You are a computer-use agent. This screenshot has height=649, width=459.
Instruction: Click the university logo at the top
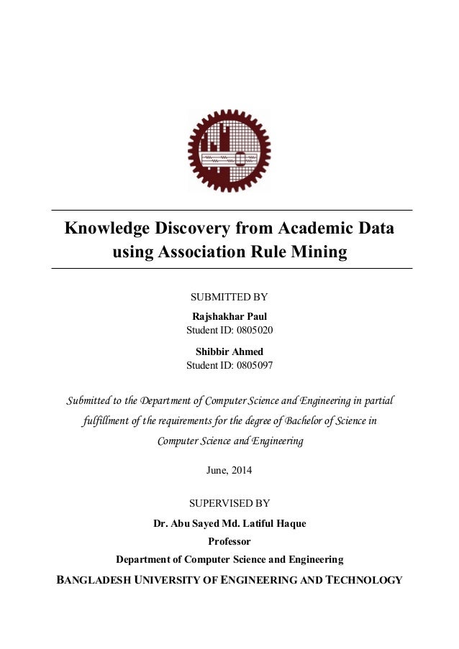click(229, 152)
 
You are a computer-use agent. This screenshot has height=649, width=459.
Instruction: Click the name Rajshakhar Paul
click(229, 316)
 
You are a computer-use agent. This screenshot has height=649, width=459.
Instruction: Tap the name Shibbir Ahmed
click(229, 351)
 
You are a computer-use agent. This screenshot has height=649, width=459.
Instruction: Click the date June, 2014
click(229, 471)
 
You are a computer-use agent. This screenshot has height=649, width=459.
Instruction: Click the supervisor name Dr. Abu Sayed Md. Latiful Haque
click(229, 523)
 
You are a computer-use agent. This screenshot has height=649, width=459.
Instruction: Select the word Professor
click(229, 540)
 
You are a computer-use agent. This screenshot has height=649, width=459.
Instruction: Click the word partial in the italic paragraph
click(378, 400)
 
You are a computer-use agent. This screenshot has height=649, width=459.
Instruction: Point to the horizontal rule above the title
click(229, 210)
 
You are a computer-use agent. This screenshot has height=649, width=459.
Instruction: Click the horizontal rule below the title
click(229, 268)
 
